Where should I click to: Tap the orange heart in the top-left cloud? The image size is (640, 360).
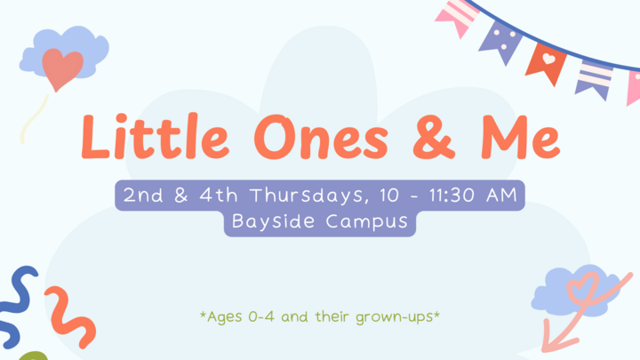[x=63, y=68]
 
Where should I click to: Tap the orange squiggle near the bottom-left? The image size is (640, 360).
[x=71, y=316]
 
